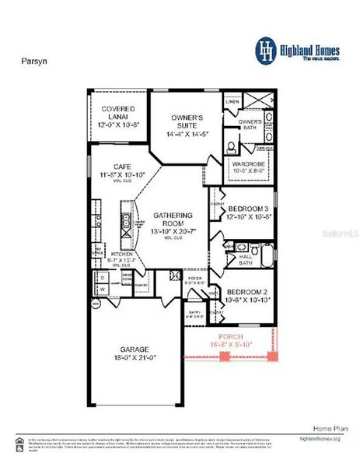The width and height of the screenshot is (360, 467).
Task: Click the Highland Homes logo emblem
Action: pyautogui.click(x=266, y=49)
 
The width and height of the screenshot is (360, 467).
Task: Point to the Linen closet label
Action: pyautogui.click(x=232, y=102)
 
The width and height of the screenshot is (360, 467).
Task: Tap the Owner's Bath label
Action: pyautogui.click(x=250, y=122)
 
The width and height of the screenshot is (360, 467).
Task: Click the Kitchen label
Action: pyautogui.click(x=122, y=255)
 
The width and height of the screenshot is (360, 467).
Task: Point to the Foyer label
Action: pyautogui.click(x=194, y=278)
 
